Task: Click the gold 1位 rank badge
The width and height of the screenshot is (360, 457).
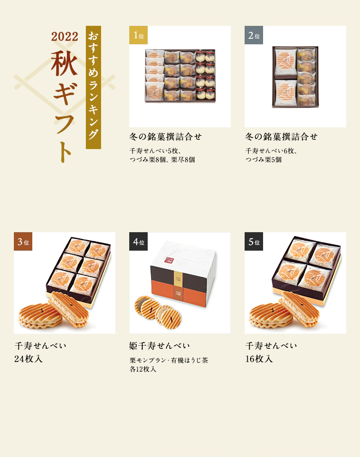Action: click(138, 35)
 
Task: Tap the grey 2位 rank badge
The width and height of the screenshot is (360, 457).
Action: click(253, 35)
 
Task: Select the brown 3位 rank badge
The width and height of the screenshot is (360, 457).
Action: click(23, 241)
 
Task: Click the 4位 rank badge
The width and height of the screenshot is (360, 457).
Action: click(138, 241)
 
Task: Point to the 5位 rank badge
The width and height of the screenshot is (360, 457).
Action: click(253, 241)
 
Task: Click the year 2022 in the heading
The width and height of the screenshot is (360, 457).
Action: click(65, 36)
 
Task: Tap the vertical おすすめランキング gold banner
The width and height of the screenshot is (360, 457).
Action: click(93, 87)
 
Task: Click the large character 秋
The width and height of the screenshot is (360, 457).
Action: click(65, 63)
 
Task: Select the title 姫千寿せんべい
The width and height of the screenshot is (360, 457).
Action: click(159, 346)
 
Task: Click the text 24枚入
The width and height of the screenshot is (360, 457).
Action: click(28, 359)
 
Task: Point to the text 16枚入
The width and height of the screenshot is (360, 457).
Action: click(259, 359)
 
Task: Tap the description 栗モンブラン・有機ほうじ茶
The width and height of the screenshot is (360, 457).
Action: click(169, 361)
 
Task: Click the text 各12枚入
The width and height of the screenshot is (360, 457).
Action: click(143, 369)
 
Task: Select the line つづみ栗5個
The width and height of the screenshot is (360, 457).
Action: click(263, 160)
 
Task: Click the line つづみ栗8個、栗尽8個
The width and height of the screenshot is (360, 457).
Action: click(162, 160)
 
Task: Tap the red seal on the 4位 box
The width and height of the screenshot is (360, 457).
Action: click(169, 260)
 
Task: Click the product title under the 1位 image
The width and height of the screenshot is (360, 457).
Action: click(165, 137)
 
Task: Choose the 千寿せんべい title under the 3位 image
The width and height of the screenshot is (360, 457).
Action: click(40, 346)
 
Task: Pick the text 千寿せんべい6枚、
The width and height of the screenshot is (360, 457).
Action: click(271, 151)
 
